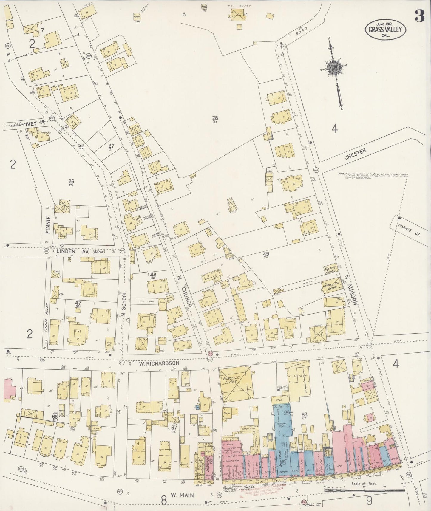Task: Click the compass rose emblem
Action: tap(333, 68)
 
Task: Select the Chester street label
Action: tap(355, 154)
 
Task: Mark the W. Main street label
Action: tap(182, 495)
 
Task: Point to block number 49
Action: tap(266, 254)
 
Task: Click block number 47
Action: tap(78, 303)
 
